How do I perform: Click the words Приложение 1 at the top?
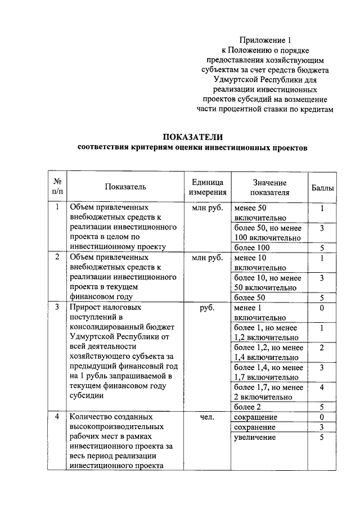(x=266, y=40)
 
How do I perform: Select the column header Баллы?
(x=322, y=187)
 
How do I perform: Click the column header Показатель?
(x=125, y=187)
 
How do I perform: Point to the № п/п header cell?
(x=57, y=187)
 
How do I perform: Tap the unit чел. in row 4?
(x=208, y=417)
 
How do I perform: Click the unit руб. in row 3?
(x=208, y=308)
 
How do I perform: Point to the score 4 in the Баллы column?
(x=322, y=387)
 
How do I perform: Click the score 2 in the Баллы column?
(x=322, y=348)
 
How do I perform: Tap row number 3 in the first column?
(x=57, y=308)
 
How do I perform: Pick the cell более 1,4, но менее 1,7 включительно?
(x=268, y=372)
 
